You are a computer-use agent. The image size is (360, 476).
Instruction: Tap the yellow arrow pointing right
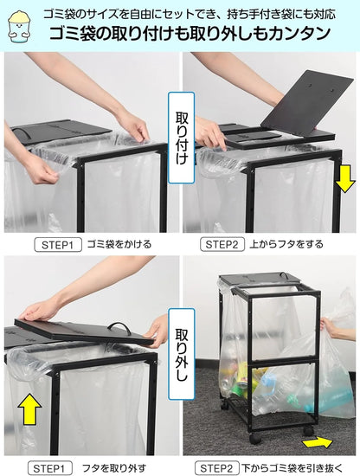[317, 442]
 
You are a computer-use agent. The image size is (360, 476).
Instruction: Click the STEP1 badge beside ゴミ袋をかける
[59, 244]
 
